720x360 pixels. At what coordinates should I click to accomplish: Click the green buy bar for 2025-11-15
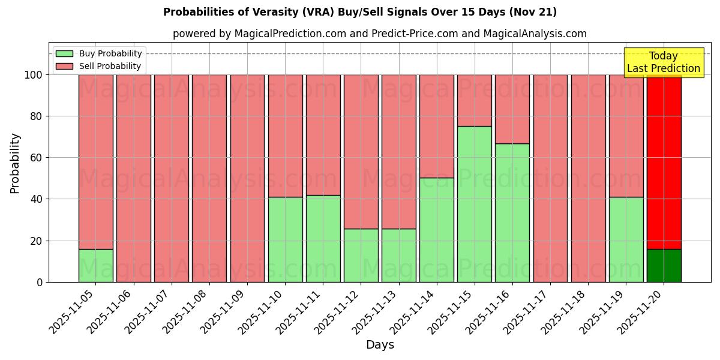[474, 204]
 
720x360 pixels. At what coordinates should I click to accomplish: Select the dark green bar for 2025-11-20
[664, 266]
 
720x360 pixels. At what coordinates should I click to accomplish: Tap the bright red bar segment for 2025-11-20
[664, 162]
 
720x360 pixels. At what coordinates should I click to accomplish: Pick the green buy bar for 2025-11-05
[95, 266]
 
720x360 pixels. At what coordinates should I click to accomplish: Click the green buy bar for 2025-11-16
[512, 213]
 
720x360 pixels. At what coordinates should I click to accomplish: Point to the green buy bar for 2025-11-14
[436, 230]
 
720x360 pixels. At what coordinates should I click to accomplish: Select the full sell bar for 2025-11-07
[171, 178]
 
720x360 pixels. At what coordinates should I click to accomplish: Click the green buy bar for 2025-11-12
[361, 256]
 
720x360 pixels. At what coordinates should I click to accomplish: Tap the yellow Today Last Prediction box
[664, 62]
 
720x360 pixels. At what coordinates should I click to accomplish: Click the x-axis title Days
[380, 345]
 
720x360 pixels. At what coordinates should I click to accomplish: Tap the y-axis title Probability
[15, 163]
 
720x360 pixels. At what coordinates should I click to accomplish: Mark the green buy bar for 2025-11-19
[626, 240]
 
